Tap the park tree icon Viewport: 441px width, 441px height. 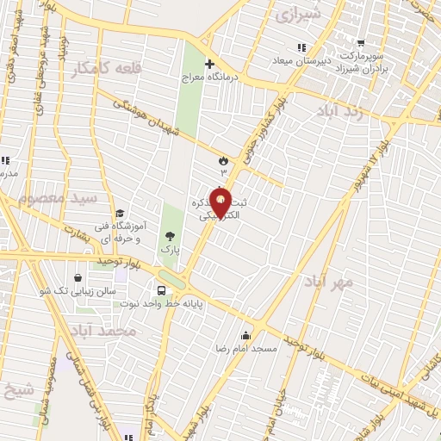(x=170, y=234)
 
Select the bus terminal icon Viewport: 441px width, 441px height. (x=162, y=289)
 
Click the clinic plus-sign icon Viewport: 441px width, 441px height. (x=209, y=64)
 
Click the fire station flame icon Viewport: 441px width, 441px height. (x=222, y=159)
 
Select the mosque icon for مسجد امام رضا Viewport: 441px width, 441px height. (x=248, y=335)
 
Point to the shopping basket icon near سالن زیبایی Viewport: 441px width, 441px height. (x=79, y=277)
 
